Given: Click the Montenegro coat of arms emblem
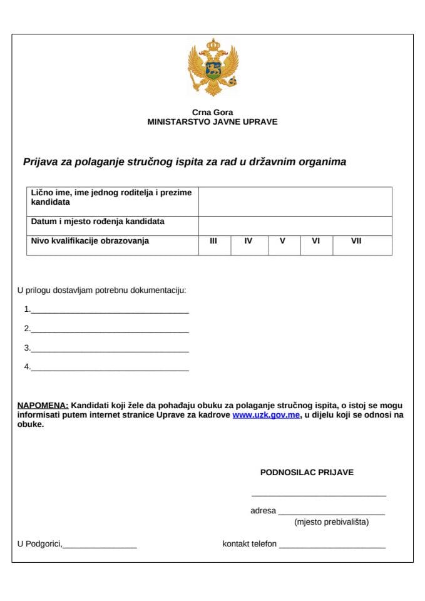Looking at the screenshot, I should (x=213, y=66).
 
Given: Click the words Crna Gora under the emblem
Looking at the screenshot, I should (x=213, y=113).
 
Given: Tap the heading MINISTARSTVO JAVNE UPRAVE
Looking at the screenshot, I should (x=212, y=122).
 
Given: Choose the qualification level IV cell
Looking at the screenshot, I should (x=249, y=245).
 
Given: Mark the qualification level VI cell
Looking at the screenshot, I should (x=316, y=245).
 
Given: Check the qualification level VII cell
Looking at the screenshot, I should (x=362, y=245).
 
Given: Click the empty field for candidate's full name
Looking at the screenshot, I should (x=295, y=201).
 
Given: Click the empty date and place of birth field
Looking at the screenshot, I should (x=295, y=225).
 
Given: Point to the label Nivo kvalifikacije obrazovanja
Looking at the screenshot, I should (x=90, y=241).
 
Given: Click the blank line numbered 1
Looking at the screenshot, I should (x=110, y=309).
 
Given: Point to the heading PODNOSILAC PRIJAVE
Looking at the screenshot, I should (x=307, y=473).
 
